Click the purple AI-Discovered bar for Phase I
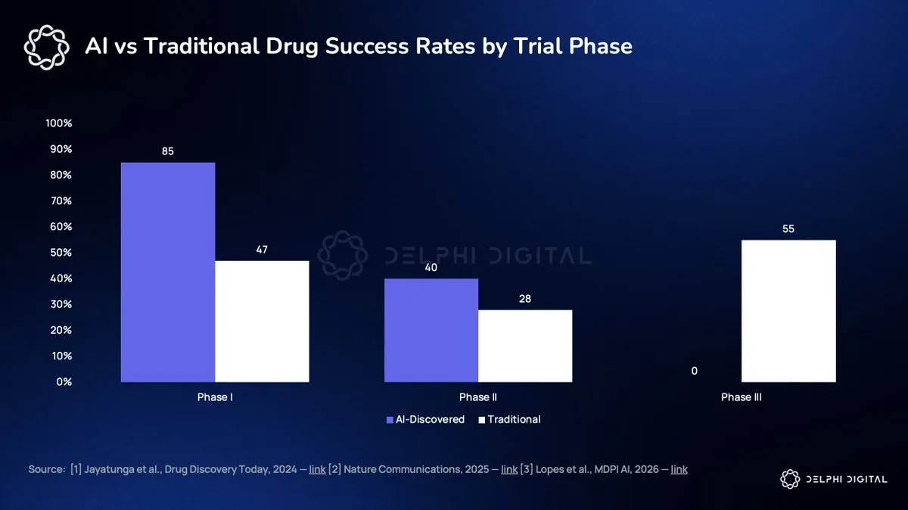(x=168, y=272)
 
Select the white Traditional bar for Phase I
(x=262, y=321)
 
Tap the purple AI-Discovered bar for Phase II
(x=431, y=330)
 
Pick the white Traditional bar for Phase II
(x=525, y=346)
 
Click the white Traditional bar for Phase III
(x=788, y=311)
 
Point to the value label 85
(x=168, y=151)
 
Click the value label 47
(x=262, y=250)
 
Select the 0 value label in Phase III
(x=695, y=371)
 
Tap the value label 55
(x=788, y=229)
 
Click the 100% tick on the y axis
(x=59, y=123)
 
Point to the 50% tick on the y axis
(x=61, y=253)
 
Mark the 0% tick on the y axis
(x=64, y=382)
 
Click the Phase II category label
(x=478, y=397)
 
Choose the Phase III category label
(x=742, y=397)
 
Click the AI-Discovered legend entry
(x=425, y=420)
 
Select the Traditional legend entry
(x=509, y=420)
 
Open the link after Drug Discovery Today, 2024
(x=317, y=469)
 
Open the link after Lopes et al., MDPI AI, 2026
(x=679, y=469)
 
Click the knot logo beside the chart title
(x=46, y=48)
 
